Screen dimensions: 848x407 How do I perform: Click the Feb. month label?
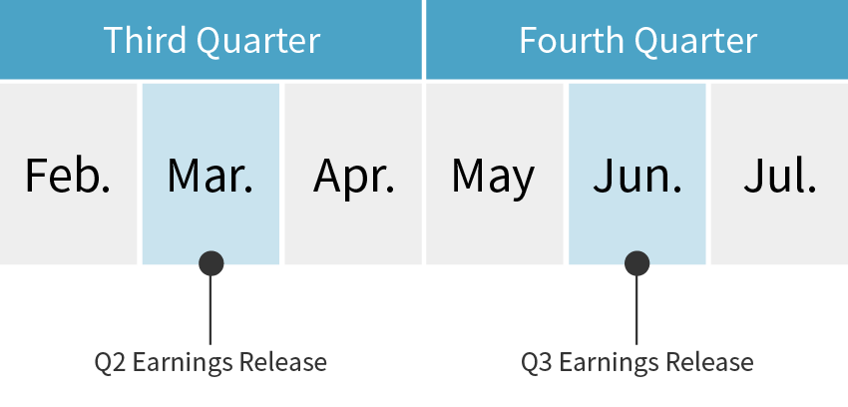[x=68, y=176]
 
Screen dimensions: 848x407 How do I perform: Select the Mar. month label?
[x=211, y=176]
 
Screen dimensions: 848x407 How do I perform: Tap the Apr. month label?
[x=354, y=178]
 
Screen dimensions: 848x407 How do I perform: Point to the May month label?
[x=493, y=178]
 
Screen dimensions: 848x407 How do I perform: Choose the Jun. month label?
[x=637, y=176]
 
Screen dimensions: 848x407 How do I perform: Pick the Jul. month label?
[x=780, y=176]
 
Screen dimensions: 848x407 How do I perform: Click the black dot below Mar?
[x=211, y=263]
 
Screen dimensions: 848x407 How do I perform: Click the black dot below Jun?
[x=637, y=263]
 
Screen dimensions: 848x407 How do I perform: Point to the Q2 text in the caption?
[x=111, y=362]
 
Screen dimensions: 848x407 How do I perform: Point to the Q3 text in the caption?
[x=537, y=362]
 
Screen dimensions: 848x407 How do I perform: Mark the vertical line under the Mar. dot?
[x=211, y=309]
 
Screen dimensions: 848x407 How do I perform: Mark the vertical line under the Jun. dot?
[x=636, y=309]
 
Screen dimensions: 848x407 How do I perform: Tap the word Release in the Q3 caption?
[x=709, y=362]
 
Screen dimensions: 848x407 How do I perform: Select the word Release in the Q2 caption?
[x=283, y=362]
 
